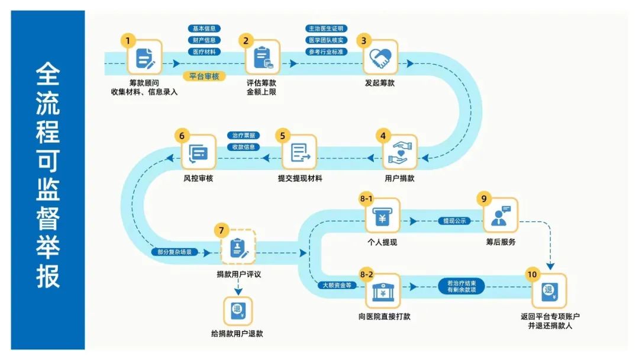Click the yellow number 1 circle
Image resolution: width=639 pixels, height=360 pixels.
[127, 41]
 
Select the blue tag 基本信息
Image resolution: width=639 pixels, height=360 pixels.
[204, 28]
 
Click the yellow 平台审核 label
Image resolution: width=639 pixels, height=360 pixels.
[204, 76]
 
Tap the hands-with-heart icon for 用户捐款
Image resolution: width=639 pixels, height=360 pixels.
[400, 152]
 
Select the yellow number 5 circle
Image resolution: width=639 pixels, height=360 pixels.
[282, 136]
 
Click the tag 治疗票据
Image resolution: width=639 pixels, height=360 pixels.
[243, 136]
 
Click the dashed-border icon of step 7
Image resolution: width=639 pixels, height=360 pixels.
[238, 247]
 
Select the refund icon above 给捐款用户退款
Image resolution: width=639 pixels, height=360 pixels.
[238, 310]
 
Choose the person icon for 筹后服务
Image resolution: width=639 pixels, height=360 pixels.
[500, 216]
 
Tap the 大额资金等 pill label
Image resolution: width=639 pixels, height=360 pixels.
[337, 285]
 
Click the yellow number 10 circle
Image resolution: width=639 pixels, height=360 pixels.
[532, 274]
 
